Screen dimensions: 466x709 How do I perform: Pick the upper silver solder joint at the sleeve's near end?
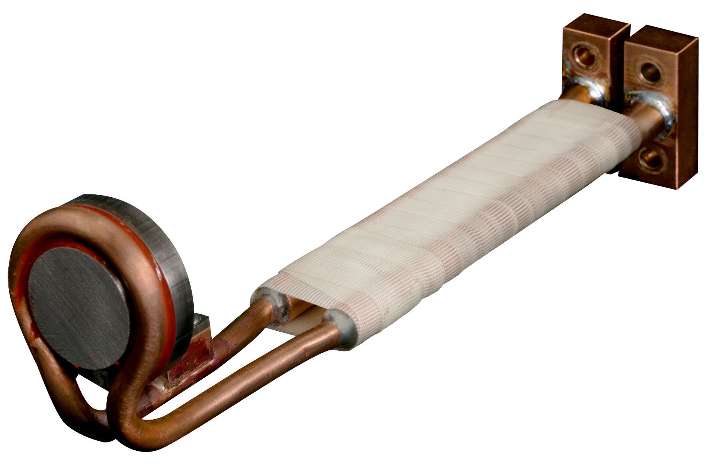[276, 304]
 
